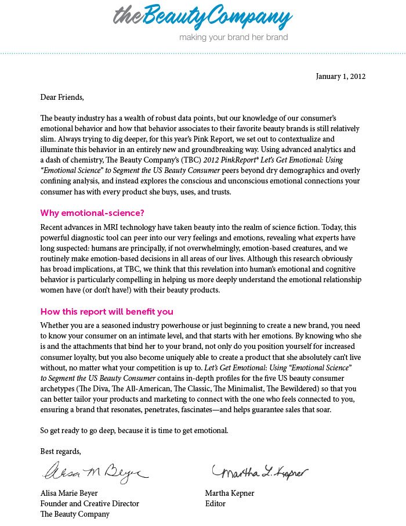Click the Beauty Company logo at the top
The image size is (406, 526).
[x=202, y=17]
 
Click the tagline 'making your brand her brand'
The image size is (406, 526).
[x=233, y=38]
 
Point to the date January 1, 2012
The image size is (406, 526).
[x=340, y=77]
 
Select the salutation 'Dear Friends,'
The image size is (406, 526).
[x=62, y=97]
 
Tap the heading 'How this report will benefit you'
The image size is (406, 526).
[x=107, y=312]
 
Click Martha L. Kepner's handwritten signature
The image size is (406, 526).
[x=259, y=472]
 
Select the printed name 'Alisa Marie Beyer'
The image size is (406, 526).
[x=69, y=493]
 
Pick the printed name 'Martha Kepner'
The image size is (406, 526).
[x=230, y=493]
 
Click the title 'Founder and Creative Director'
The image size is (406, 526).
[x=89, y=504]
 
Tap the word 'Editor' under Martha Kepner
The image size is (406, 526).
[x=215, y=504]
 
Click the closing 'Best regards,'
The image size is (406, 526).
[x=60, y=451]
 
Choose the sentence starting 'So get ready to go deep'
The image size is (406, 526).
[x=135, y=431]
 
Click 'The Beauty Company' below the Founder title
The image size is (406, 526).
[x=74, y=514]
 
